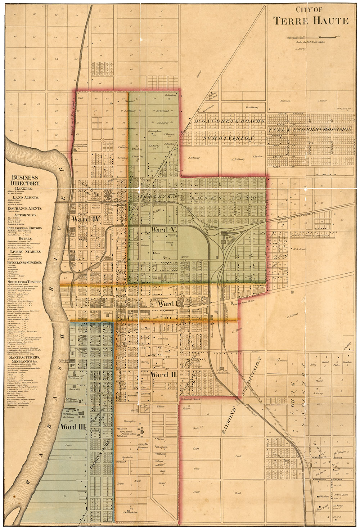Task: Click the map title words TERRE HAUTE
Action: (311, 22)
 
